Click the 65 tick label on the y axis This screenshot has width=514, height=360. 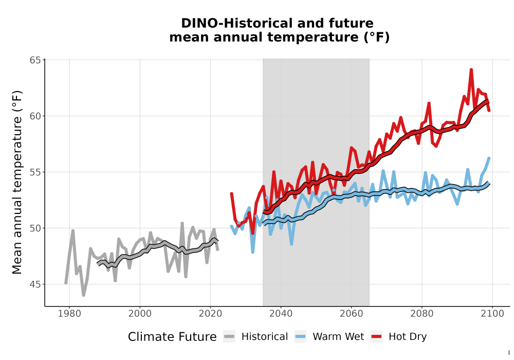(35, 60)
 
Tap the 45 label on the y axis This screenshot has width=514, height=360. (35, 284)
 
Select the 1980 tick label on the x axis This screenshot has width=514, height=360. (69, 314)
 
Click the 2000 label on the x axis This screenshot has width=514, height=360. (140, 314)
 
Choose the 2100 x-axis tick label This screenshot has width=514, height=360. (492, 314)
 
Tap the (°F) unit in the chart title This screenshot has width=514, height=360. (377, 38)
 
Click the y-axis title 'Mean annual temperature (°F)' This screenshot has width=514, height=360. (17, 182)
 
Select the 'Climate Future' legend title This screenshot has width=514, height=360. (172, 337)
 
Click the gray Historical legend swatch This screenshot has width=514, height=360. (229, 337)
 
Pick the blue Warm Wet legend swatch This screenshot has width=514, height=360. (300, 337)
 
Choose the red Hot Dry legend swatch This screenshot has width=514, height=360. (377, 337)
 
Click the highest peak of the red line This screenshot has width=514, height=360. (471, 70)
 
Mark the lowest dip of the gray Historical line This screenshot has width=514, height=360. (84, 295)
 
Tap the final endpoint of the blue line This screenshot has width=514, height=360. (489, 158)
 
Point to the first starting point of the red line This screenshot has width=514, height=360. (231, 194)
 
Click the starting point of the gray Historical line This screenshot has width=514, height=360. (66, 283)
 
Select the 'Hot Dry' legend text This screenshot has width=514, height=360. (408, 337)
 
